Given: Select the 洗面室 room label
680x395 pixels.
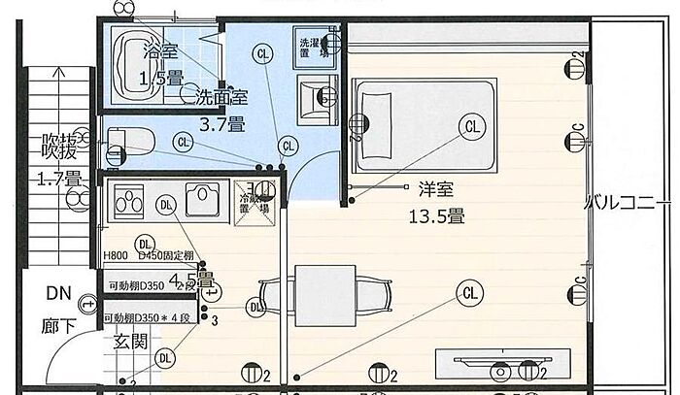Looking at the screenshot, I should coord(222,96).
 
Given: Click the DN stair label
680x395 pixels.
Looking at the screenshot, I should coord(58,292).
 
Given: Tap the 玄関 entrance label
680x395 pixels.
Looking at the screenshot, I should coord(129,341).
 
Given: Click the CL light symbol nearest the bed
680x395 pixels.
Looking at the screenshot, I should coord(473,125).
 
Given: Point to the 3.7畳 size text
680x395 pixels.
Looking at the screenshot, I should coord(221,123).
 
